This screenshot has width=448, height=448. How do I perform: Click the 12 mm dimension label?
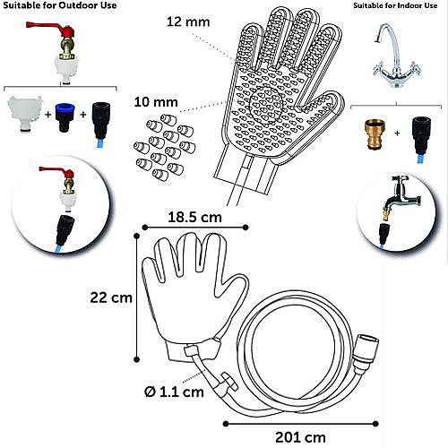(x=188, y=22)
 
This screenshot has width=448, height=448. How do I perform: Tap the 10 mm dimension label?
(x=156, y=102)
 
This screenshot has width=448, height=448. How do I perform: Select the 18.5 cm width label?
(x=194, y=217)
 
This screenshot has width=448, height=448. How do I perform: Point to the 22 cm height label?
(x=111, y=297)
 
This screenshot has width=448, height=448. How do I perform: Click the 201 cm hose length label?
(x=300, y=437)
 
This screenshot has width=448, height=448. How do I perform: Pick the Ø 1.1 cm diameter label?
(x=174, y=392)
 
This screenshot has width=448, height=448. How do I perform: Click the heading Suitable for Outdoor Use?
(x=60, y=5)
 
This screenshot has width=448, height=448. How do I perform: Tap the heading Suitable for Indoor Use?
(x=395, y=5)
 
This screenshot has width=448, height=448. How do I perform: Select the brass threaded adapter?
(x=376, y=134)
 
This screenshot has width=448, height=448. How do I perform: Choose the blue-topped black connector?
(x=65, y=117)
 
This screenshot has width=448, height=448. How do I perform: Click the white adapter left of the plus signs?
(x=25, y=114)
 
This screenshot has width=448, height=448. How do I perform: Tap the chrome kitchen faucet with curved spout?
(x=396, y=56)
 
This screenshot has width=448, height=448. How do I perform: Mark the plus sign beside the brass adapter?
(x=397, y=134)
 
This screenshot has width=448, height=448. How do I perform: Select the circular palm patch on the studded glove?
(x=266, y=105)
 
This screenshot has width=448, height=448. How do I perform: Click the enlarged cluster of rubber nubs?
(x=164, y=147)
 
